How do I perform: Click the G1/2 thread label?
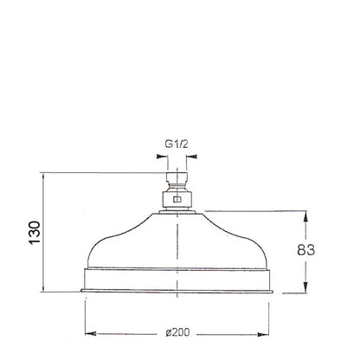tap(177, 144)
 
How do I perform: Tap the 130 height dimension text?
tap(35, 233)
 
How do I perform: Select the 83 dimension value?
tap(306, 250)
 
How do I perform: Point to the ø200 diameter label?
tap(178, 332)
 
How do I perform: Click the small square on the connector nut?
tap(177, 200)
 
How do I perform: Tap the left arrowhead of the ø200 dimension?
tap(91, 333)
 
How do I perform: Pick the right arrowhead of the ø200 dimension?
tap(263, 335)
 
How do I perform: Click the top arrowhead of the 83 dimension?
tap(305, 216)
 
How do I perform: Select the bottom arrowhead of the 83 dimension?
tap(305, 287)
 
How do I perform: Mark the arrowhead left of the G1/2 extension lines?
tap(162, 157)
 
